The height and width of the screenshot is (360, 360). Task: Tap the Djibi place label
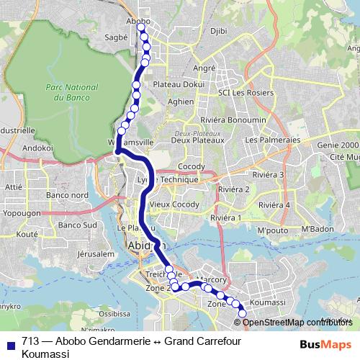pos(219,30)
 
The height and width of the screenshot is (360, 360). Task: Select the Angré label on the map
pos(204,68)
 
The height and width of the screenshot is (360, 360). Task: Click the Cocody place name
pos(192,166)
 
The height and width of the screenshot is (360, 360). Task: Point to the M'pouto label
pos(271,230)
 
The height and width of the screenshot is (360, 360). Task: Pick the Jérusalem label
pos(97,254)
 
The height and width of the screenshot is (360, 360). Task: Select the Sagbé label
pos(116,35)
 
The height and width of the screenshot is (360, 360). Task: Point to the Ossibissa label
pos(115,314)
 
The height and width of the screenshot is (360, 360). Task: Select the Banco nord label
pos(67,195)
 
